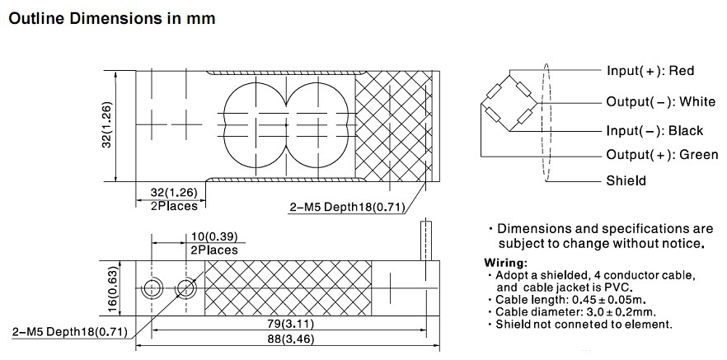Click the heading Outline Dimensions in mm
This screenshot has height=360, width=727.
coord(111,17)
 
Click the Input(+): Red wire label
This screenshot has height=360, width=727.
coord(650,71)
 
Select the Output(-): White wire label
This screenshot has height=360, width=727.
coord(661,101)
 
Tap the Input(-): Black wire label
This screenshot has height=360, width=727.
coord(654,130)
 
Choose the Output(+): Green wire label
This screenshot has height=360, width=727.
coord(663,155)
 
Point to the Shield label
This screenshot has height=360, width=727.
coord(626,180)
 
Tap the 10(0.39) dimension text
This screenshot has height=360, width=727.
coord(213,237)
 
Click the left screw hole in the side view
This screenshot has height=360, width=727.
coord(152,288)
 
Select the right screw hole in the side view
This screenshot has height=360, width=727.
coord(185,288)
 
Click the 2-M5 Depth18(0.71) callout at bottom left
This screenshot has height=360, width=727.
coord(69,332)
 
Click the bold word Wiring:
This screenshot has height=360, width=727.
coord(506,262)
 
